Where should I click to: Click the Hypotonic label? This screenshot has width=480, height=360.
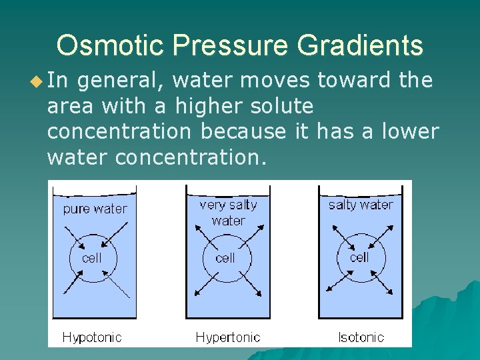[x=92, y=337]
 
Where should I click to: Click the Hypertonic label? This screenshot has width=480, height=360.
[x=227, y=337]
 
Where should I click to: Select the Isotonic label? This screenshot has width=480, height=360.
[x=361, y=337]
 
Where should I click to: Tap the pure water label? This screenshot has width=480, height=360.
[x=95, y=209]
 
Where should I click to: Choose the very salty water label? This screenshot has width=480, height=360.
[x=228, y=213]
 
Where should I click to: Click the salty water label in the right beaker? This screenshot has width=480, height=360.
[x=361, y=205]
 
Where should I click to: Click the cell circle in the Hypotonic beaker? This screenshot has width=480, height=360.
[x=91, y=257]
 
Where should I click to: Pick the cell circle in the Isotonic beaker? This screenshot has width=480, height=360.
[x=359, y=257]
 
